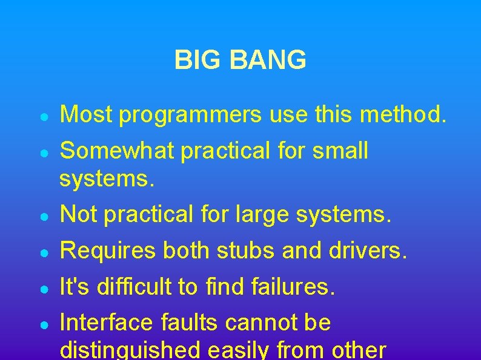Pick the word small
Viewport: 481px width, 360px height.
(340, 150)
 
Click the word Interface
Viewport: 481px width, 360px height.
(107, 322)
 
